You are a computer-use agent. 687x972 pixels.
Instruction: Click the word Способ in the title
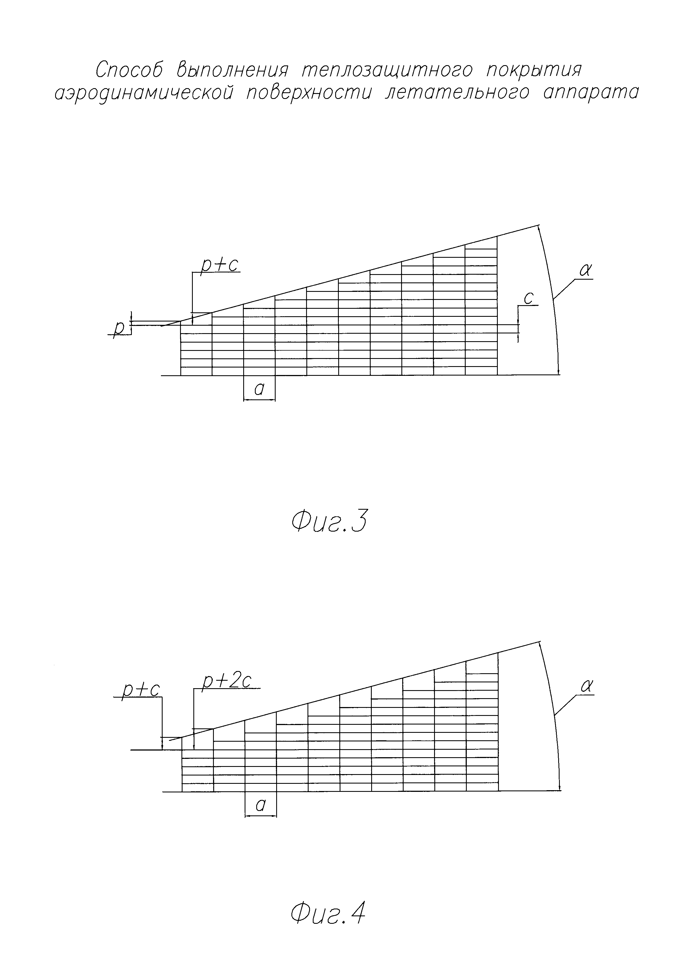pos(129,70)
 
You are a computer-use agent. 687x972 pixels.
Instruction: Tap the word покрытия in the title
pos(534,70)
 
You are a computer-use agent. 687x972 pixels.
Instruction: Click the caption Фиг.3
pos(329,522)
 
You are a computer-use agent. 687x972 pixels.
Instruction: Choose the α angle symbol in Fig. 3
pos(585,270)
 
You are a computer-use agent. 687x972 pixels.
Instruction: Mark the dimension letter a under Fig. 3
pos(259,389)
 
